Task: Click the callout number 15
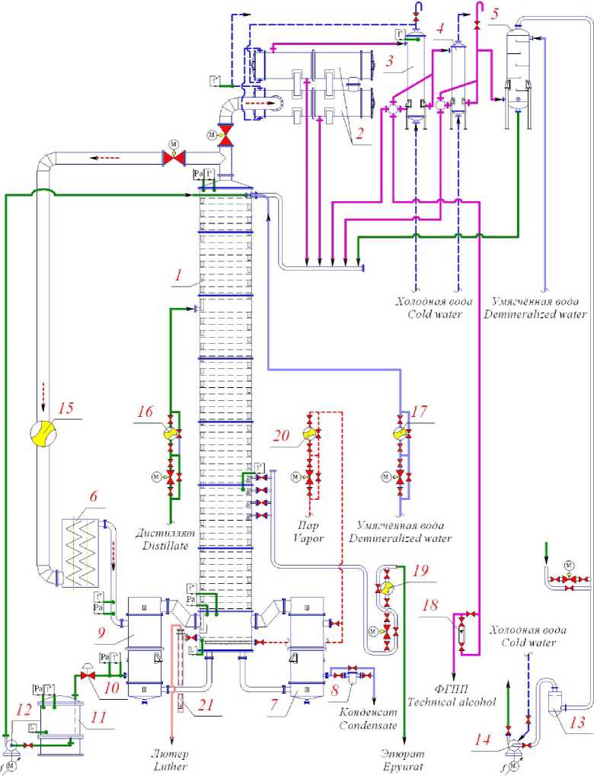click(x=65, y=409)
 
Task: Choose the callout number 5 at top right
click(x=496, y=14)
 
